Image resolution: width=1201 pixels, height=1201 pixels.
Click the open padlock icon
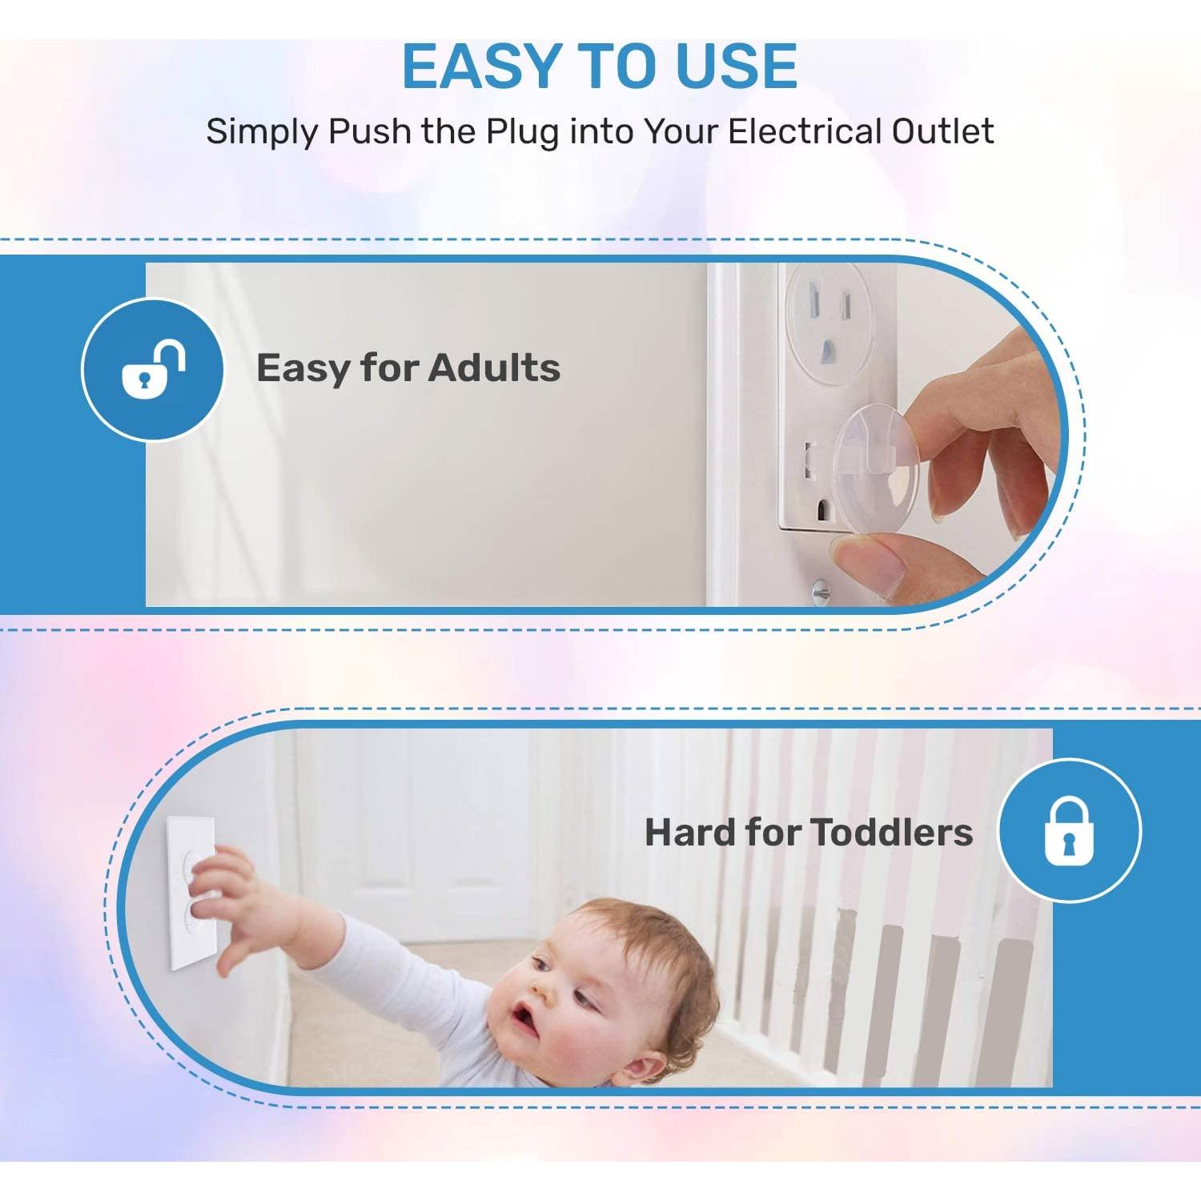(x=152, y=369)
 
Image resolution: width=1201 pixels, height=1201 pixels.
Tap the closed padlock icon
(x=1069, y=830)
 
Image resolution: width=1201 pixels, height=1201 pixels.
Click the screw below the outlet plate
(x=821, y=592)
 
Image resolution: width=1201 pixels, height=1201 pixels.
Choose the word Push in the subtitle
(x=370, y=131)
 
